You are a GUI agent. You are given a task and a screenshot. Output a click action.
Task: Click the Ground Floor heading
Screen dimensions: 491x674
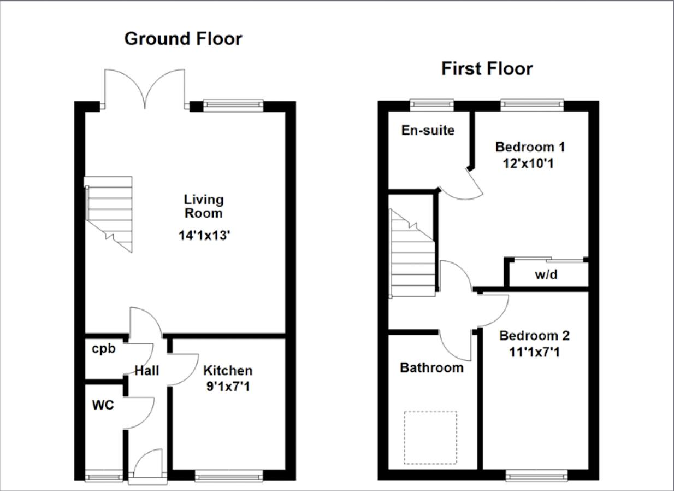(x=183, y=39)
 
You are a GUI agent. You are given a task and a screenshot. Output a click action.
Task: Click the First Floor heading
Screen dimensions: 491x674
(x=487, y=69)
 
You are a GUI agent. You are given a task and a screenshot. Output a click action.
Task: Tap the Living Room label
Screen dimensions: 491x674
(x=203, y=206)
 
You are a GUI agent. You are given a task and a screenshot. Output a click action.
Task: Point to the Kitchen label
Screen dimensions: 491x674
(x=228, y=371)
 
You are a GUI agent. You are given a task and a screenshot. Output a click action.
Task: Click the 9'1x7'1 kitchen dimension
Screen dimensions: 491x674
(x=228, y=387)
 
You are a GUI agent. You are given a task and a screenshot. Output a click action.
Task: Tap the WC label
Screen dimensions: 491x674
(x=103, y=406)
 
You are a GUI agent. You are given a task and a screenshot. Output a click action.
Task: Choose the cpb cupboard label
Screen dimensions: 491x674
(x=104, y=349)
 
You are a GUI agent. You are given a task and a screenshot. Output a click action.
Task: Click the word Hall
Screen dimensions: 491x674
(x=147, y=371)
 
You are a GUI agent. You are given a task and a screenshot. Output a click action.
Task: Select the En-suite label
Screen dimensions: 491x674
(x=428, y=131)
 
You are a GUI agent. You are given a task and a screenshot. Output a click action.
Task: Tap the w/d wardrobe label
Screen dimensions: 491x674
(x=546, y=275)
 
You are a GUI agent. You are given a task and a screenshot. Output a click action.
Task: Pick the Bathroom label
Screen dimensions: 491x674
(x=431, y=368)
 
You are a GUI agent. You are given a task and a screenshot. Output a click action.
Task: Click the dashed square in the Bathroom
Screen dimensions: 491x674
(x=430, y=437)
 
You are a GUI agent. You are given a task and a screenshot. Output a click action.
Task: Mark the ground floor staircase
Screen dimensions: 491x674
(x=109, y=213)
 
